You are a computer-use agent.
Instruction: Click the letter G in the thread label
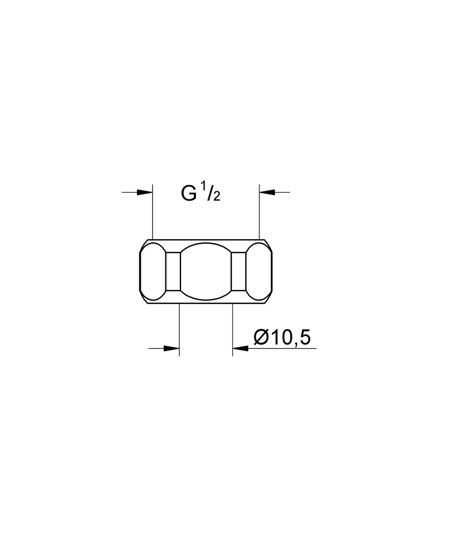click(x=189, y=194)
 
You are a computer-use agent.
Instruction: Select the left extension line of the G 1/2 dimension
click(x=152, y=212)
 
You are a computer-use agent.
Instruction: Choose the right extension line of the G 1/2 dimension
click(x=259, y=212)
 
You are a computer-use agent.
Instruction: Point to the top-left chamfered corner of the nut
click(x=144, y=246)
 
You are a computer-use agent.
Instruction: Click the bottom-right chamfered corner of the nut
click(x=268, y=297)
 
